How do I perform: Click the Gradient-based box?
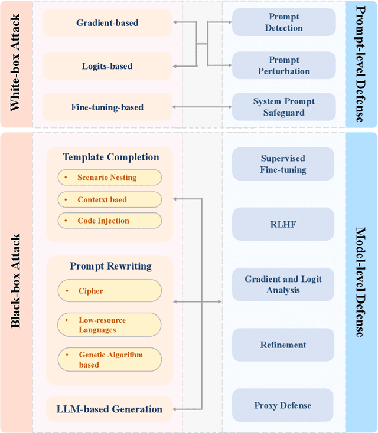point(107,23)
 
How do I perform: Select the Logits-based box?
point(107,65)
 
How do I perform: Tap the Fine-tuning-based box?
point(107,107)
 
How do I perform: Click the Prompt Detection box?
point(283,22)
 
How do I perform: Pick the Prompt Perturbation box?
point(283,65)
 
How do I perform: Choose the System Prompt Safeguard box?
point(283,107)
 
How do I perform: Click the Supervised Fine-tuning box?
point(283,164)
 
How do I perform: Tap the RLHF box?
point(283,224)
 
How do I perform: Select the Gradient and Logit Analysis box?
point(283,284)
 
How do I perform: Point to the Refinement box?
point(283,345)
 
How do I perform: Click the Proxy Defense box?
point(283,405)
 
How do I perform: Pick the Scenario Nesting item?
point(109,178)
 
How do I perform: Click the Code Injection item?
point(109,221)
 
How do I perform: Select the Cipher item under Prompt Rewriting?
point(109,291)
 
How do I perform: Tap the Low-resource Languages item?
point(109,325)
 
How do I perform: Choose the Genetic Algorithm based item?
point(109,359)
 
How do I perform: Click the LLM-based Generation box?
point(109,409)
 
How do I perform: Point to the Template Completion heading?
point(110,158)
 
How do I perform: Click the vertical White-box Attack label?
point(15,64)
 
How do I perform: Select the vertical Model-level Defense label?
point(360,283)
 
